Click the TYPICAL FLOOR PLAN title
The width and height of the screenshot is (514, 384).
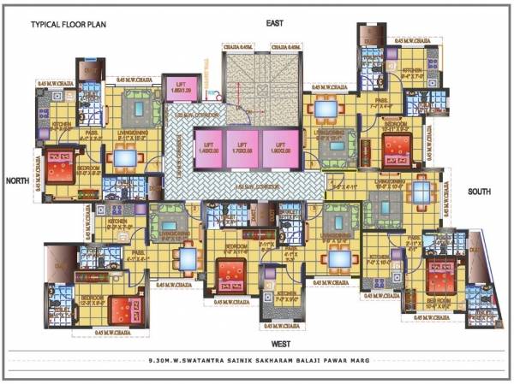click(67, 26)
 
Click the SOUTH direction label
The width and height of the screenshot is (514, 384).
click(480, 192)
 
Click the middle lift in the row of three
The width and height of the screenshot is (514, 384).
click(242, 146)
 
